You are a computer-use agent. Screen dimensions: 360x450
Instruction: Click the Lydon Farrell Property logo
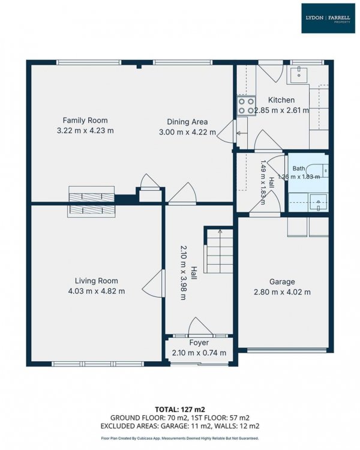[328, 19]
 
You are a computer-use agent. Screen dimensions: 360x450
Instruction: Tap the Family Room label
[85, 120]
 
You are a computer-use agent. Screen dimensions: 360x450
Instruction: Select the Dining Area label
[187, 122]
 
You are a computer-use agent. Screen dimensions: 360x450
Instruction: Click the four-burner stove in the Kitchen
[247, 106]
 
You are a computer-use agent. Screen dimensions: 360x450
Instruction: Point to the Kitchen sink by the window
[299, 75]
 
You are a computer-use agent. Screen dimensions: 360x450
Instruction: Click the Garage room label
[282, 282]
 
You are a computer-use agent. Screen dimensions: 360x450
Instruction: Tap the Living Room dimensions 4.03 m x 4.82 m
[97, 291]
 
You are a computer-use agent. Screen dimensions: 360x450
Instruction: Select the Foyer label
[199, 343]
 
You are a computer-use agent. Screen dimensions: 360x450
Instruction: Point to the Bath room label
[299, 168]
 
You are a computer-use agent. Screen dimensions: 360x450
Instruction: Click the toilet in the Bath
[319, 171]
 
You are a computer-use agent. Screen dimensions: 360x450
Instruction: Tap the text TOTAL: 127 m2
[180, 409]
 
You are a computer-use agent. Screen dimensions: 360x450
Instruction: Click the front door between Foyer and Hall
[200, 327]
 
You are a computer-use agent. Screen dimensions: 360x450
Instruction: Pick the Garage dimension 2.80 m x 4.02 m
[282, 292]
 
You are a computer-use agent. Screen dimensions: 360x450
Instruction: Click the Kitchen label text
[281, 100]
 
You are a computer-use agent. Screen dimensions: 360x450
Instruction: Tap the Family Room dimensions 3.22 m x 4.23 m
[85, 131]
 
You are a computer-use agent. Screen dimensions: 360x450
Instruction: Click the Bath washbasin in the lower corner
[318, 203]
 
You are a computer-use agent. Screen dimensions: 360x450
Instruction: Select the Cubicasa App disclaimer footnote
[180, 438]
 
